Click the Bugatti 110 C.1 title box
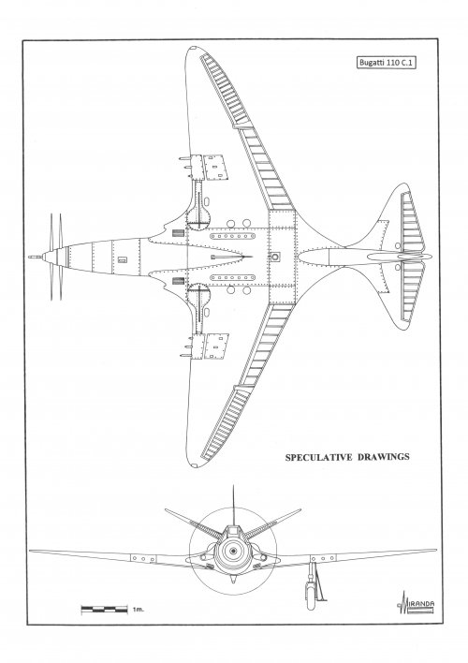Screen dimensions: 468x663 point(387,63)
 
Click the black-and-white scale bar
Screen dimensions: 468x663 point(104,610)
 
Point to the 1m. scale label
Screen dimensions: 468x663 point(138,610)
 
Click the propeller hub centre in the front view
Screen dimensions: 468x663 point(233,550)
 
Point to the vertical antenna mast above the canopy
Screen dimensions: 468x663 point(233,506)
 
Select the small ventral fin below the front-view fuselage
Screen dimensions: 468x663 point(233,579)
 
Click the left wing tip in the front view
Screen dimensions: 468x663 point(30,551)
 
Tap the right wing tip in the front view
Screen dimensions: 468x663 point(435,550)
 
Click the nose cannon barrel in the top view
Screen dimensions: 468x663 point(36,257)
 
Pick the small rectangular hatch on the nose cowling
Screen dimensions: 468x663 point(123,259)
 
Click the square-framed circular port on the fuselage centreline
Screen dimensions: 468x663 point(275,257)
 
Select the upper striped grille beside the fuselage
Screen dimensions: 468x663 point(178,233)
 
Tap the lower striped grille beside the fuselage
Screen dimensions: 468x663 point(178,281)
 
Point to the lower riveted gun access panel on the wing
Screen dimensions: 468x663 point(216,346)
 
